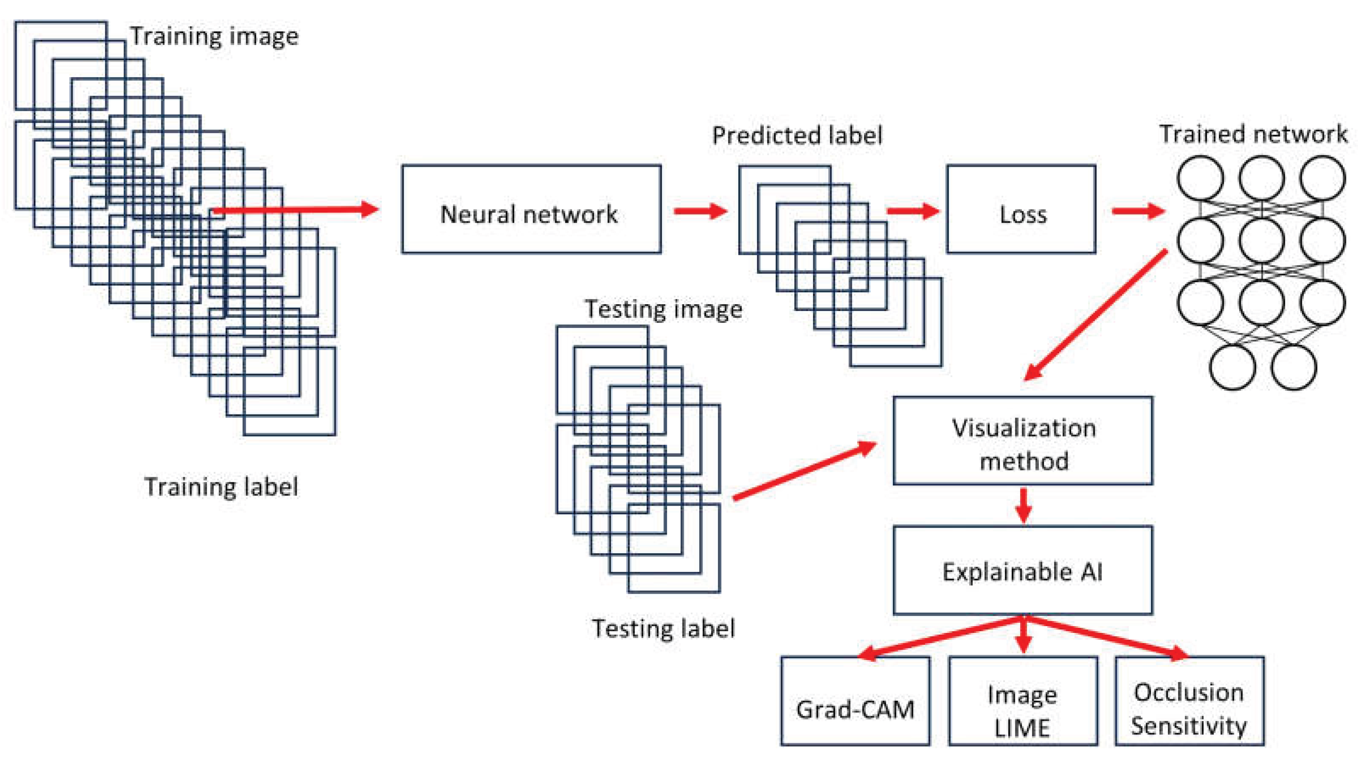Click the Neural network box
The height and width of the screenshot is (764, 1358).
click(x=531, y=209)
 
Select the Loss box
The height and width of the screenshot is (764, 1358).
click(x=1021, y=209)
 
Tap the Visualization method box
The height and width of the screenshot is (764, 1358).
click(x=1023, y=440)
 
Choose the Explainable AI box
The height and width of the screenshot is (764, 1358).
click(x=1023, y=570)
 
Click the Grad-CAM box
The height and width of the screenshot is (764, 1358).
click(x=855, y=701)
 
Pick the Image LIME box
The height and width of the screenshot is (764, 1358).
click(x=1023, y=701)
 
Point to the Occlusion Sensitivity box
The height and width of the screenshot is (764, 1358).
click(x=1189, y=701)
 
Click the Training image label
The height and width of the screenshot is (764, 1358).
click(x=214, y=36)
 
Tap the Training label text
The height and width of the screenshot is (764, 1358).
click(x=222, y=486)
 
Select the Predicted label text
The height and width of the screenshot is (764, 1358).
click(x=797, y=135)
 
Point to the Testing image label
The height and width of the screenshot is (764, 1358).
click(x=664, y=309)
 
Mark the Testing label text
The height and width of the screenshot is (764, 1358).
click(x=664, y=628)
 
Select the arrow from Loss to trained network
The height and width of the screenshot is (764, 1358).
click(x=1138, y=211)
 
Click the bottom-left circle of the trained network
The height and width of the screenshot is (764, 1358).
click(x=1231, y=367)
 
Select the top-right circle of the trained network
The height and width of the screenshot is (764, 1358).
click(x=1323, y=178)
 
